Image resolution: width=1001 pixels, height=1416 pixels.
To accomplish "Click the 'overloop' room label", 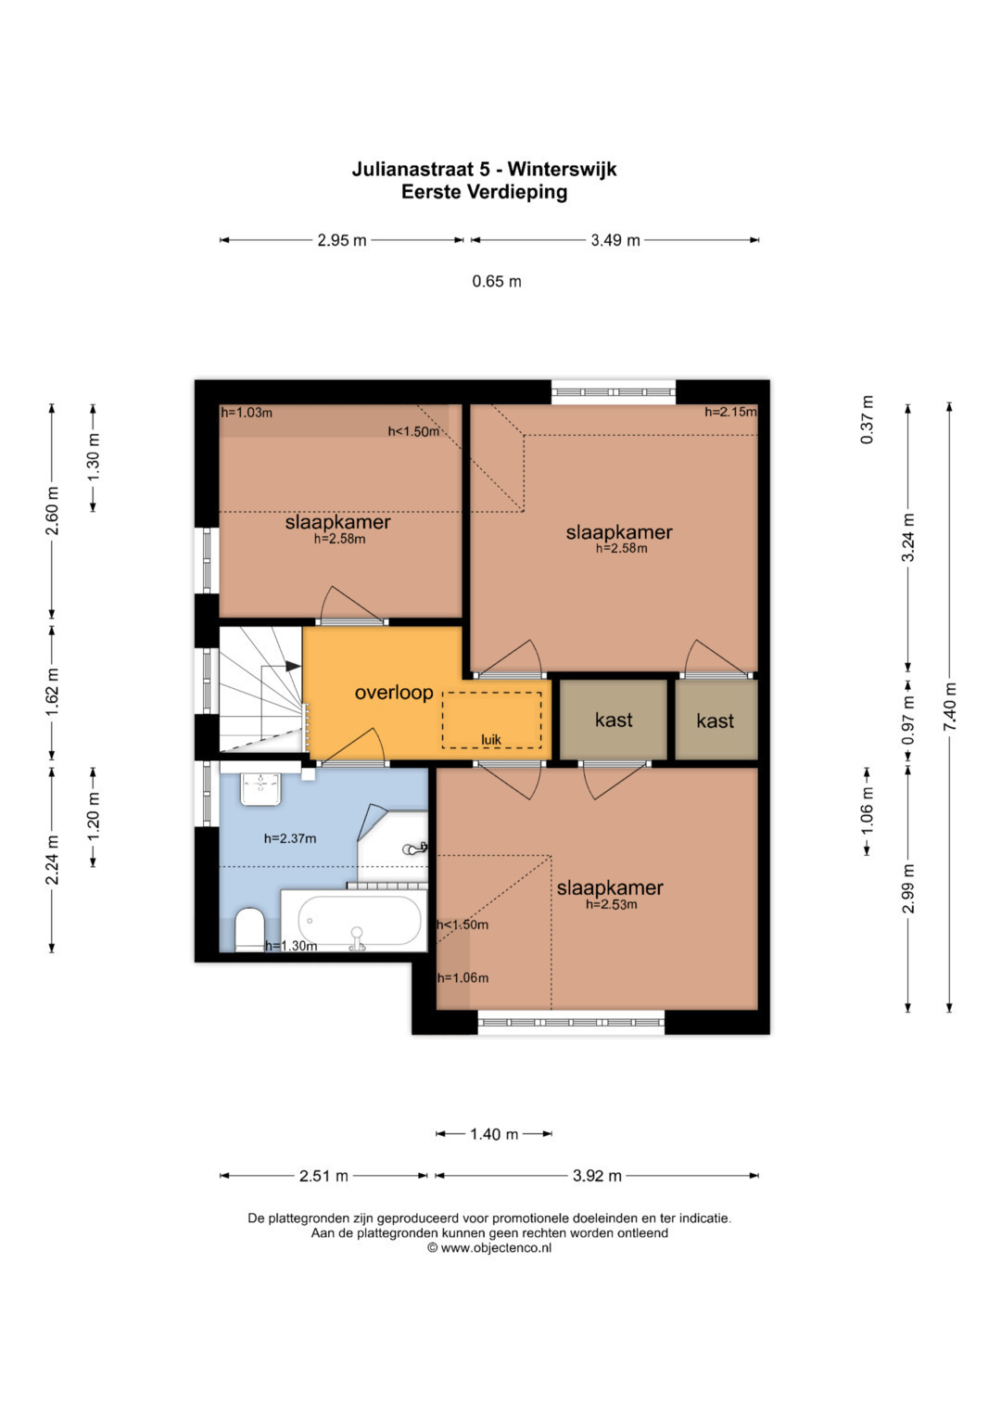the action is coord(394,692).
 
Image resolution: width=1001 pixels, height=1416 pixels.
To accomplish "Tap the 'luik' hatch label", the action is coord(491,740).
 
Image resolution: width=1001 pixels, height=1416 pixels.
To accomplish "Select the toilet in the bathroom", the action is coord(249,929).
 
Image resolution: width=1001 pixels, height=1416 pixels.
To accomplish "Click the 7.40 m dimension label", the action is coord(950,706).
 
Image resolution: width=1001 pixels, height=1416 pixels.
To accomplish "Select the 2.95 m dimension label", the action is coord(342,240).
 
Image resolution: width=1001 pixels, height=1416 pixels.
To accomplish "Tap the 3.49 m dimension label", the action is coord(615,240).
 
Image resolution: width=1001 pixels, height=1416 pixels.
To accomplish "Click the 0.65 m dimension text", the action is coord(497,281).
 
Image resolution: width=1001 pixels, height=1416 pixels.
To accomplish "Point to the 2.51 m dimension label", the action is coord(323,1176).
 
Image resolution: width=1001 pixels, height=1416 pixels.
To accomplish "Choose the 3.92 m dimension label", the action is coord(597,1176).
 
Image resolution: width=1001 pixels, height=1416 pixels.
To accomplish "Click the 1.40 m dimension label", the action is coord(494,1134).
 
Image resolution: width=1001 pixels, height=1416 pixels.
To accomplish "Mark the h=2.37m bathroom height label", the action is coord(290,839).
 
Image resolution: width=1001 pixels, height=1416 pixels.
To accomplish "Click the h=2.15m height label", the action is coord(730,412).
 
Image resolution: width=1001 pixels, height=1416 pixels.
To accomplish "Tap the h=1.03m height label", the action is coord(247,413).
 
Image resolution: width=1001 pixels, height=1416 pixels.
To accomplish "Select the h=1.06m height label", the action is coord(462,978).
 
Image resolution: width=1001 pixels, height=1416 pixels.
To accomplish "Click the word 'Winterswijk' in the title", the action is coord(563,169).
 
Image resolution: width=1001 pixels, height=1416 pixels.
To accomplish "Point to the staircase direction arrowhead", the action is coord(293,666).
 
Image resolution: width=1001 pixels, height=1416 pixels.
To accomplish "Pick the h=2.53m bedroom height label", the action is coord(611,905).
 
